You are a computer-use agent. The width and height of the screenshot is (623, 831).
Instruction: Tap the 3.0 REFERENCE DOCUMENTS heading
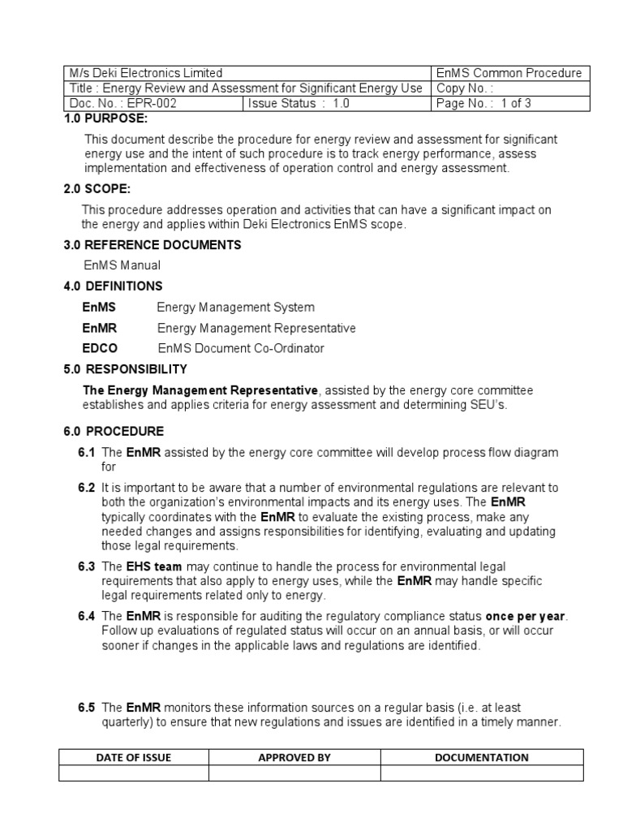[x=153, y=245]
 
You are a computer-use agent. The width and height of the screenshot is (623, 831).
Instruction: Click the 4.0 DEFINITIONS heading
[x=114, y=286]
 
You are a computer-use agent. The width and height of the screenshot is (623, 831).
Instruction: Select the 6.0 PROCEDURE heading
[x=114, y=431]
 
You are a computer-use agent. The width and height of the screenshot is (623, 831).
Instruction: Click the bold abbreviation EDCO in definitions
[x=100, y=348]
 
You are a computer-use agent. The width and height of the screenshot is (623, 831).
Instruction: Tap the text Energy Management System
[x=235, y=308]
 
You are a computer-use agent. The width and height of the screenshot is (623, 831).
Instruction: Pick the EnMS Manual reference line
[x=122, y=265]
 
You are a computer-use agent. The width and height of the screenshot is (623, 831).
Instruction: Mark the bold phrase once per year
[x=526, y=616]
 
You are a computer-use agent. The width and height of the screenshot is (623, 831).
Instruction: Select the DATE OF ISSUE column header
[x=134, y=758]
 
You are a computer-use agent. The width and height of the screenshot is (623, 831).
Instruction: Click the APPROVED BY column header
[x=294, y=758]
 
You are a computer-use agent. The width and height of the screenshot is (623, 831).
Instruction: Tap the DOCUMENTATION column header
[x=482, y=758]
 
